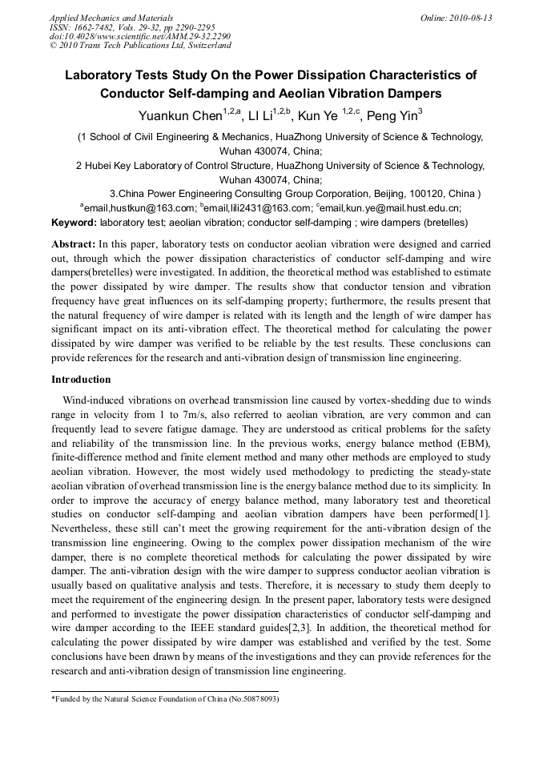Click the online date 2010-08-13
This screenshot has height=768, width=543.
click(470, 18)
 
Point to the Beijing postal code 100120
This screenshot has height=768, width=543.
click(428, 194)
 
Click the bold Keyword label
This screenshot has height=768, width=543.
click(74, 222)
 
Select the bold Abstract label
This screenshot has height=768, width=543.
click(74, 243)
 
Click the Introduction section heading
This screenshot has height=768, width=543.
click(81, 380)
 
